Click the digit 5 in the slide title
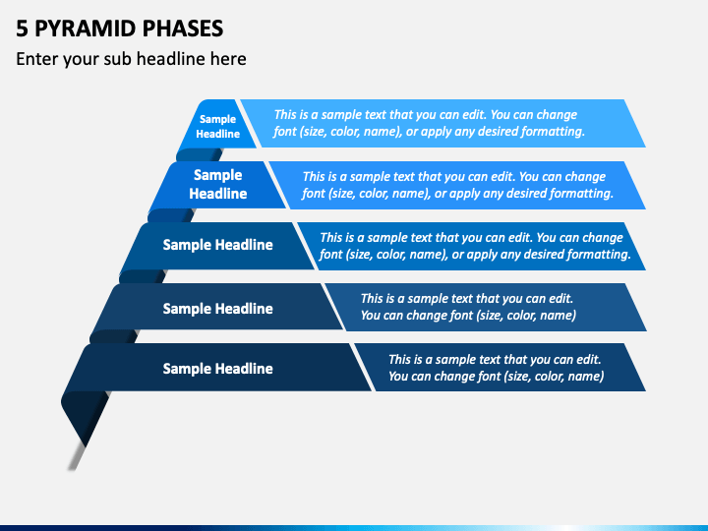pyautogui.click(x=22, y=29)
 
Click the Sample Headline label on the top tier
pyautogui.click(x=217, y=127)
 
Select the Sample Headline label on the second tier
pyautogui.click(x=217, y=184)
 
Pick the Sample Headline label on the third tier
pyautogui.click(x=217, y=245)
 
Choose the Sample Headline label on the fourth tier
pyautogui.click(x=217, y=309)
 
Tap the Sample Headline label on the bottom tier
pyautogui.click(x=217, y=369)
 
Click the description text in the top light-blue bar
pyautogui.click(x=429, y=123)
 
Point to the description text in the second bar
pyautogui.click(x=457, y=185)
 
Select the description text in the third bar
pyautogui.click(x=475, y=246)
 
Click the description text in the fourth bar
pyautogui.click(x=468, y=307)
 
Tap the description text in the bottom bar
pyautogui.click(x=496, y=368)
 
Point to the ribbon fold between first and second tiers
pyautogui.click(x=199, y=155)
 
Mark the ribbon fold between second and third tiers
pyautogui.click(x=170, y=215)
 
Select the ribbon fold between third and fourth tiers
pyautogui.click(x=142, y=276)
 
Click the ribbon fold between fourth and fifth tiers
pyautogui.click(x=113, y=336)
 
